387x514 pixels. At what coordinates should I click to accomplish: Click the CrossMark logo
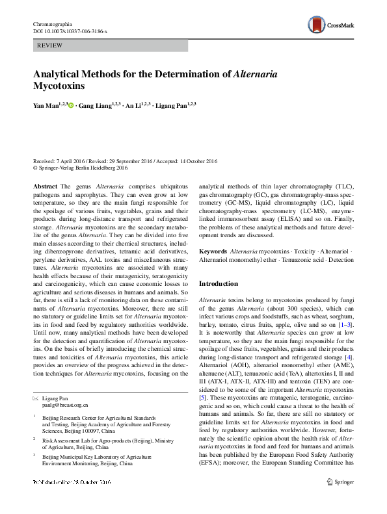331,25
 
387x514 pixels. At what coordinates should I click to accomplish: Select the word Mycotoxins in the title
59,85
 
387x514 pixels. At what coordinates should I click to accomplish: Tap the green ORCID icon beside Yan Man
71,105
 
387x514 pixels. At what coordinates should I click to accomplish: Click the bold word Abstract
45,186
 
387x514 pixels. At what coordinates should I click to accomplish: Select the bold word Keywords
213,251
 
